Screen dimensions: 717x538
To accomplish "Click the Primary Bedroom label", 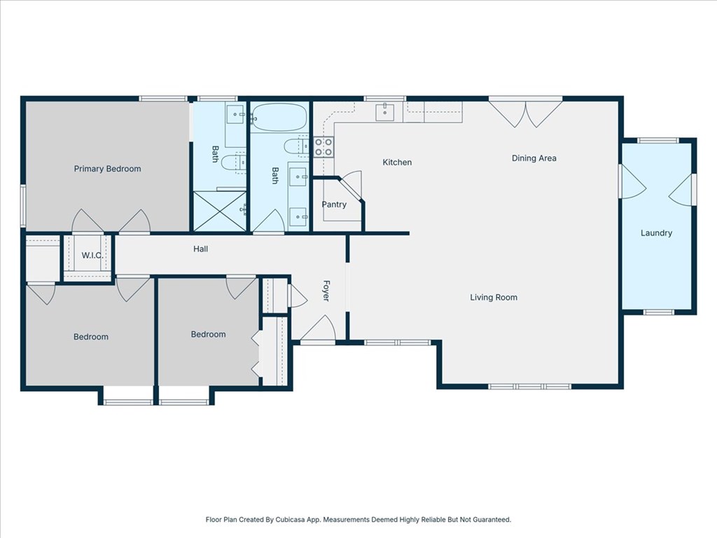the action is click(x=107, y=169).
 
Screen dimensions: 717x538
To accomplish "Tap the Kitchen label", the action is click(x=397, y=162).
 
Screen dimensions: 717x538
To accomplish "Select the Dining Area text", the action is click(x=534, y=158).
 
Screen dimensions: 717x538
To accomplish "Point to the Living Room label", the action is click(x=494, y=297).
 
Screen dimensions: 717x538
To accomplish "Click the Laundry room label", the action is click(x=656, y=233).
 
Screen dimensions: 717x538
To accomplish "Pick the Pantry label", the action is click(x=334, y=205).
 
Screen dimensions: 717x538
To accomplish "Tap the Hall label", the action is click(x=200, y=249).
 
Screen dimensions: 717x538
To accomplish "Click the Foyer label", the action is click(x=326, y=291).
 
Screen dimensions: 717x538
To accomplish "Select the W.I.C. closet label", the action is click(x=92, y=255).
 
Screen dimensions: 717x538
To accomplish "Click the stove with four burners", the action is click(x=323, y=147).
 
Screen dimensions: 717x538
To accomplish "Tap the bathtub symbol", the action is click(x=279, y=118).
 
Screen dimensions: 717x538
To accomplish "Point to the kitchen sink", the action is click(x=384, y=112).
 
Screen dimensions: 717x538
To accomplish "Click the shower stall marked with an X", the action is click(x=220, y=212).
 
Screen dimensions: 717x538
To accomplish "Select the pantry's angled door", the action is click(x=351, y=187).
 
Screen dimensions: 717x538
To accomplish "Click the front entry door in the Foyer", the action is click(x=319, y=328).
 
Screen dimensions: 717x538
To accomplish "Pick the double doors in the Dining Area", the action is click(x=525, y=112).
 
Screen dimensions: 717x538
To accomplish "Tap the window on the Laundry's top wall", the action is click(x=658, y=140).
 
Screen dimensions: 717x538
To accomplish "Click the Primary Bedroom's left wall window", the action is click(x=23, y=205).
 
